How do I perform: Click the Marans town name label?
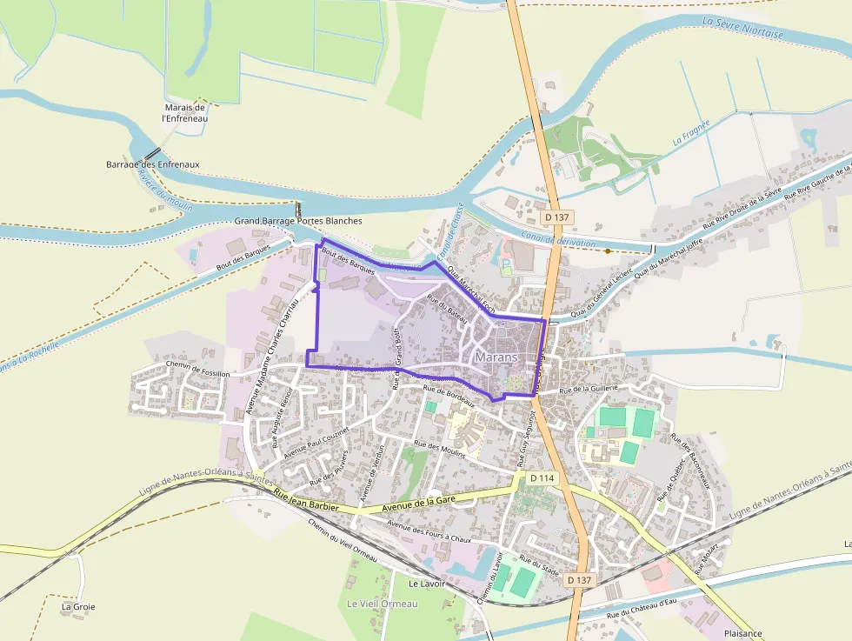click(496, 357)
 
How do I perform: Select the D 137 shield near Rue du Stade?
click(578, 579)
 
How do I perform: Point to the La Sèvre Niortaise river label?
click(742, 27)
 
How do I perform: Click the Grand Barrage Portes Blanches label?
click(298, 221)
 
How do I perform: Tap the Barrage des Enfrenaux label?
click(153, 164)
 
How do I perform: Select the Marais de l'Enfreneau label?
click(184, 112)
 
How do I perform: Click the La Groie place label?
click(78, 606)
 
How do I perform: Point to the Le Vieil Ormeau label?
click(383, 604)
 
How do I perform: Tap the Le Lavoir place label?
click(426, 584)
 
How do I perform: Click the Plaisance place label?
click(742, 633)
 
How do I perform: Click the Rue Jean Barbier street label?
click(305, 498)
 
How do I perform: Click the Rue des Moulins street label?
click(441, 450)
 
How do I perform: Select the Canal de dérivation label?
click(559, 239)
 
